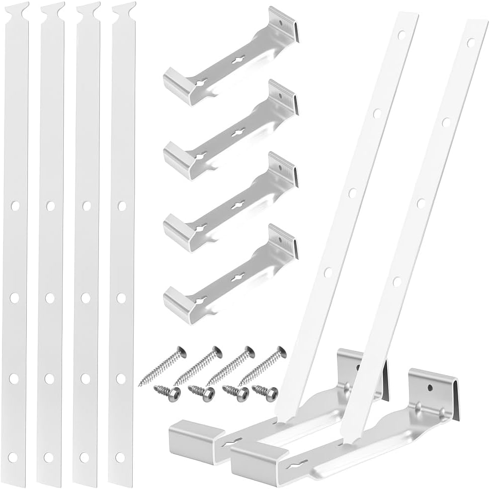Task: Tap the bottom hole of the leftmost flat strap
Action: pyautogui.click(x=13, y=456)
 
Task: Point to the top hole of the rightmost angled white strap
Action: pyautogui.click(x=471, y=43)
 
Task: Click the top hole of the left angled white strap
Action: pyautogui.click(x=402, y=35)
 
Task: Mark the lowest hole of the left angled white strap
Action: pyautogui.click(x=328, y=272)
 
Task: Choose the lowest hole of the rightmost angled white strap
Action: pyautogui.click(x=397, y=282)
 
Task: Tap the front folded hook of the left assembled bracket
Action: pyautogui.click(x=190, y=437)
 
